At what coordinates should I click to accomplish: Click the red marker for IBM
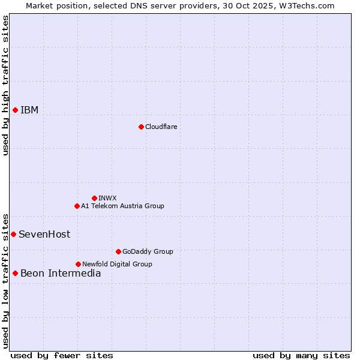tap(15, 110)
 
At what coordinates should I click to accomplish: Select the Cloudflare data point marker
tap(141, 127)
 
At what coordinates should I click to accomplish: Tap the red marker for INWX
tap(94, 198)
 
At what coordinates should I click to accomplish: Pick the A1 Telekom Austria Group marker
tap(77, 206)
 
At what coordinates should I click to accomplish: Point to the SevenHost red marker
tap(13, 234)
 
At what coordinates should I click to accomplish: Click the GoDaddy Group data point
tap(118, 251)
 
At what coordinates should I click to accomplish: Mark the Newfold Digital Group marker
tap(78, 264)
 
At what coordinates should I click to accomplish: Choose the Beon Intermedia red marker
tap(15, 273)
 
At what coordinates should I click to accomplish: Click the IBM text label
tap(29, 110)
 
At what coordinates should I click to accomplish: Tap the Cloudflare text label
tap(161, 127)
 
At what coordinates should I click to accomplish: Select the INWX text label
tap(107, 198)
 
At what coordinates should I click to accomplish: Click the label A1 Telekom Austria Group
tap(122, 206)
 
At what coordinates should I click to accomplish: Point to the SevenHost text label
tap(44, 234)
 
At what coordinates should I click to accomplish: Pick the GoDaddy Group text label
tap(148, 251)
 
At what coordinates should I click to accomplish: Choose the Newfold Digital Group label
tap(117, 264)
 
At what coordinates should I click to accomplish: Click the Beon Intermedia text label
tap(61, 273)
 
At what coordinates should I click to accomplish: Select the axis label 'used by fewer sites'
tap(62, 355)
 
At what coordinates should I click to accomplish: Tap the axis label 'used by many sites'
tap(301, 355)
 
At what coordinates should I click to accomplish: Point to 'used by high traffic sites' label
tap(5, 85)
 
